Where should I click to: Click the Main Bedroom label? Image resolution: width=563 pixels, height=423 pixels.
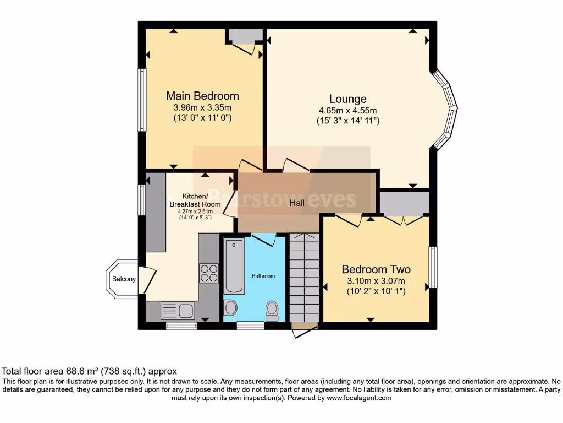point(202,96)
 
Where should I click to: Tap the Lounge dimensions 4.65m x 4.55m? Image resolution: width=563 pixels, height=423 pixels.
point(347,110)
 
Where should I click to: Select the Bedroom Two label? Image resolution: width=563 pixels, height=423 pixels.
point(376,269)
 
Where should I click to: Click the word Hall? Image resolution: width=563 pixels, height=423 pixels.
point(297,203)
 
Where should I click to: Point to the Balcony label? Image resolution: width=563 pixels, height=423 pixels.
point(124,279)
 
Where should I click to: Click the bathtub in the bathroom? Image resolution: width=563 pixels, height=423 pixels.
point(235,267)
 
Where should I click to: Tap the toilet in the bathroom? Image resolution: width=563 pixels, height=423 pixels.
point(272,310)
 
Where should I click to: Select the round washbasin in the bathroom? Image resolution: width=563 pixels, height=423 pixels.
point(231,307)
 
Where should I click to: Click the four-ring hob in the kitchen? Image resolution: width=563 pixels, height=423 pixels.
point(209,273)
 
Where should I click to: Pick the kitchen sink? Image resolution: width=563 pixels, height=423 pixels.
point(177,311)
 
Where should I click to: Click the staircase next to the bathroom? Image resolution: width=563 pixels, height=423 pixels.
point(304,278)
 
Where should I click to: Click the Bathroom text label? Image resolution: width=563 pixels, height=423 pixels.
point(263,276)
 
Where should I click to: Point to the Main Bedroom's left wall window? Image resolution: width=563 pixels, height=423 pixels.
point(142,100)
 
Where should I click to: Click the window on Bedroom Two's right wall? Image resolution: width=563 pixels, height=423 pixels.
point(433,267)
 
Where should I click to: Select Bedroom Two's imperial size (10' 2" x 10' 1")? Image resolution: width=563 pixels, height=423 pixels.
point(376,291)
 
